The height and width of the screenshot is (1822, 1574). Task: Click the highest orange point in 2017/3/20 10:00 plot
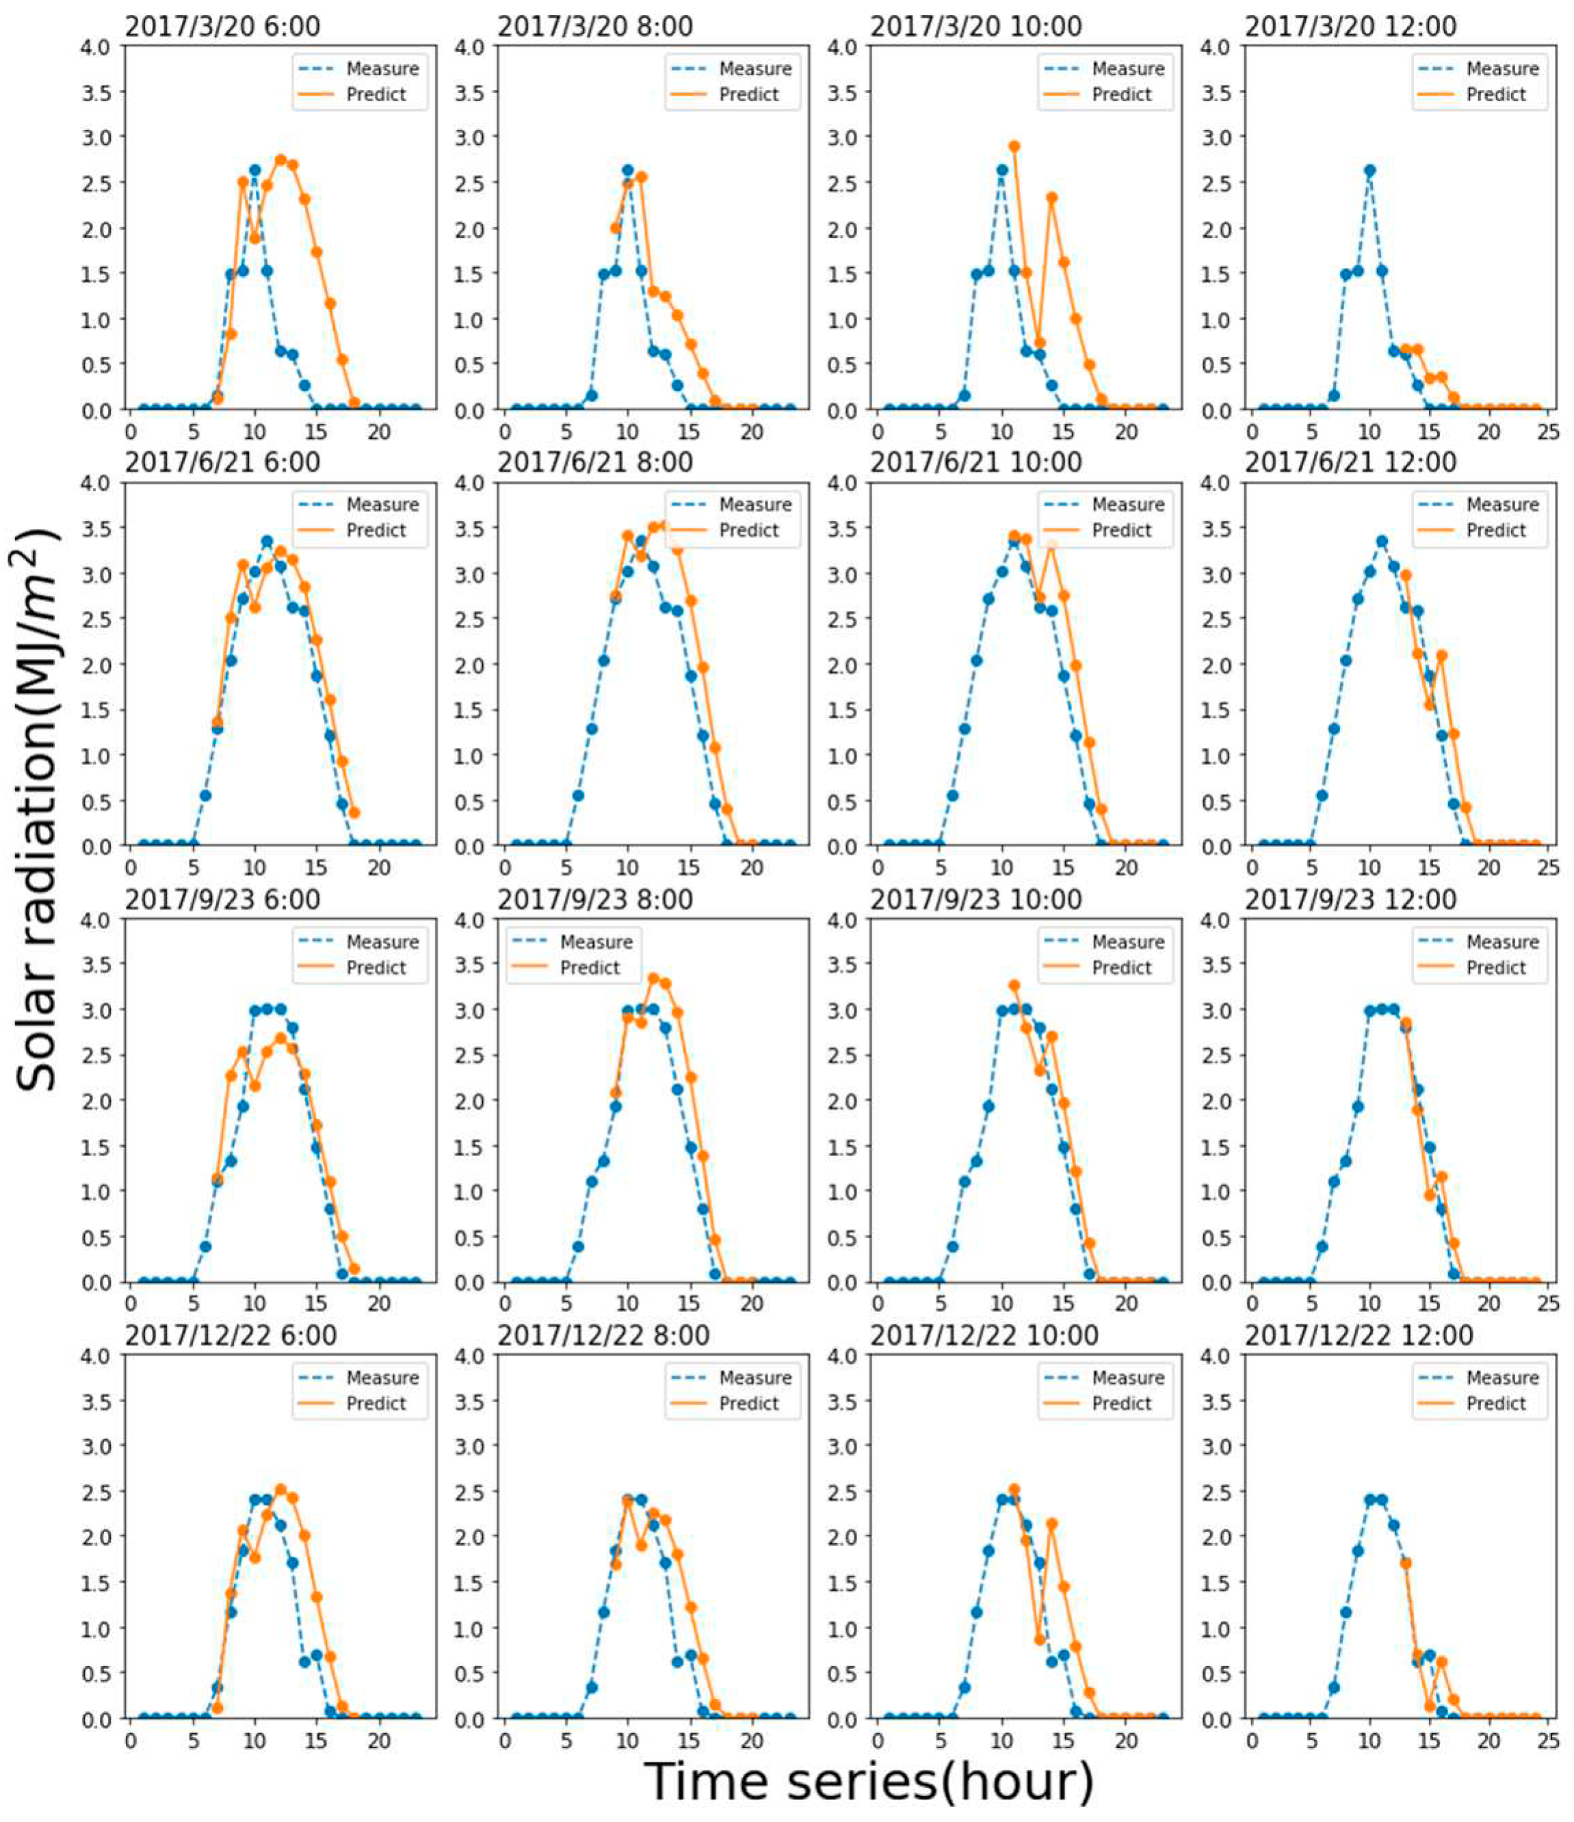point(1014,147)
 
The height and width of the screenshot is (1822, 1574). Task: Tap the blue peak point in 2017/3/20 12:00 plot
point(1369,171)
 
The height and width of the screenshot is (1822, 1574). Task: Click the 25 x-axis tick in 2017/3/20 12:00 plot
point(1550,432)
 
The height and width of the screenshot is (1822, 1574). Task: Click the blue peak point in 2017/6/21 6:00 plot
point(267,541)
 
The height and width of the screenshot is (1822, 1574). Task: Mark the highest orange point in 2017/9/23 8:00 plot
point(653,978)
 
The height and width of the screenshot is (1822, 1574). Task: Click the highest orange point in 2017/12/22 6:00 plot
point(280,1490)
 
